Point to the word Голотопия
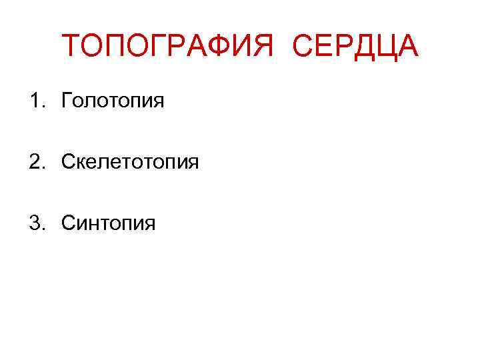[113, 102]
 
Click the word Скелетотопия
[130, 161]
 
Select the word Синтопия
[108, 222]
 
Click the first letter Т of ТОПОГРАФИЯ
[71, 46]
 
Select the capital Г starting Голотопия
[67, 101]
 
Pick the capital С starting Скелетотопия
[68, 161]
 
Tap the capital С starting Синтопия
[68, 221]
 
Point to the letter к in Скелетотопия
[81, 163]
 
